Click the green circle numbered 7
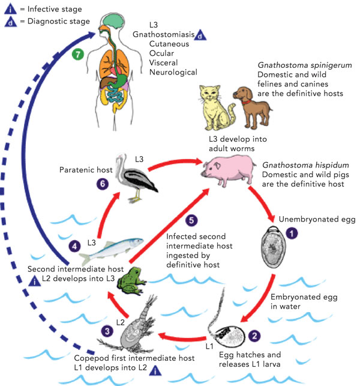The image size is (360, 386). [x=76, y=54]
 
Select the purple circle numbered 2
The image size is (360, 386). [x=256, y=336]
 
